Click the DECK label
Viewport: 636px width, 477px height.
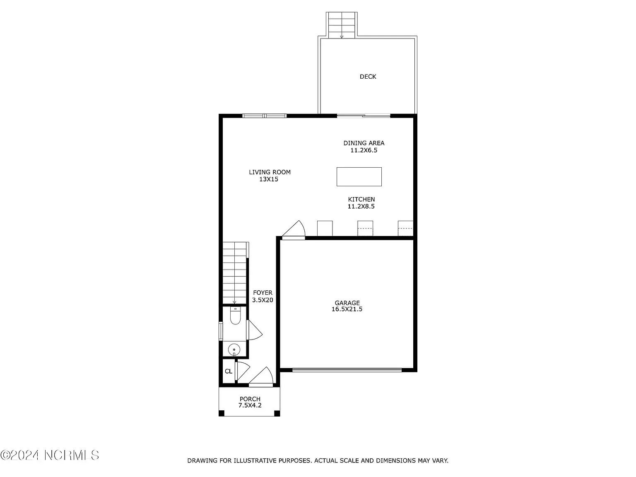(368, 77)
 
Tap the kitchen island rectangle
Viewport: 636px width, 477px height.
(359, 177)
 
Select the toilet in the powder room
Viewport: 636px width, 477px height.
(235, 316)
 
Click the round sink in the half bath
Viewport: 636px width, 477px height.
(234, 350)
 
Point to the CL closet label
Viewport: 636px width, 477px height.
(229, 371)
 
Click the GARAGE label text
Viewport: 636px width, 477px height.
(347, 303)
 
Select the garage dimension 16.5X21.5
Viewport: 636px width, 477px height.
(347, 309)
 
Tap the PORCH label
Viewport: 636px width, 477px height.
(250, 399)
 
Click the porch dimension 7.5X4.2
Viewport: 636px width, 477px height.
(250, 405)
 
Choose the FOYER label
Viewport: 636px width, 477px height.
(263, 293)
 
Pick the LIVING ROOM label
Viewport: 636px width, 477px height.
(270, 172)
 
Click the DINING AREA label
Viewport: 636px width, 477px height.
(364, 143)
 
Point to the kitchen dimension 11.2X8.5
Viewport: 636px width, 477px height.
(361, 207)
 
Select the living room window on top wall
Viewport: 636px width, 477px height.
(265, 116)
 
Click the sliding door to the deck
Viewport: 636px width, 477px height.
(364, 116)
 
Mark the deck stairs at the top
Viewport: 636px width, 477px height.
(342, 25)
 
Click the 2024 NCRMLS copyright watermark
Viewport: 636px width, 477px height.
(50, 455)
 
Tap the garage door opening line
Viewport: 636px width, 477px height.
(347, 370)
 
